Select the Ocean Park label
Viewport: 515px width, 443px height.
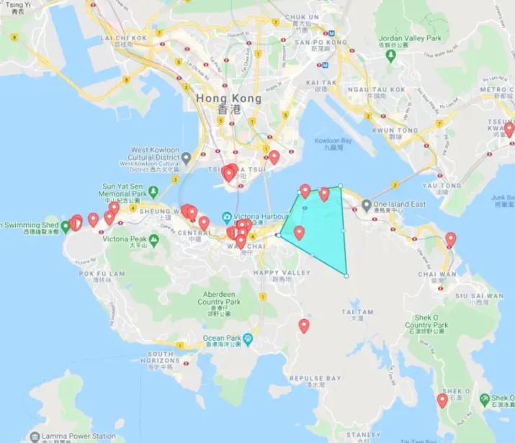click(223, 339)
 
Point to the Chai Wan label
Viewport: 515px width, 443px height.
click(437, 274)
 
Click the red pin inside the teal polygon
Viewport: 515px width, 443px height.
click(299, 233)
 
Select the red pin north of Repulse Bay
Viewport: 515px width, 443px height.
click(304, 326)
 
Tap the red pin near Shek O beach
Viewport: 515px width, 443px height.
click(442, 401)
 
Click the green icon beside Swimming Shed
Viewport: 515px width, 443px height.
click(66, 226)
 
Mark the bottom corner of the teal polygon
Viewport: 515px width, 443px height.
click(346, 275)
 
